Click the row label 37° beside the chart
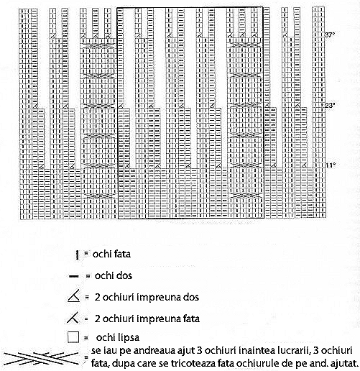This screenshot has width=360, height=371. (329, 35)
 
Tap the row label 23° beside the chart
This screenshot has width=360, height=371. (329, 105)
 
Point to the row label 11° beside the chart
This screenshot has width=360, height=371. (331, 165)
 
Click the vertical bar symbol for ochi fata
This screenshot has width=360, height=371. (77, 255)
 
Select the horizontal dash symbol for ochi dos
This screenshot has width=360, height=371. (74, 277)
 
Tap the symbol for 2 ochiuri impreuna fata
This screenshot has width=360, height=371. (73, 318)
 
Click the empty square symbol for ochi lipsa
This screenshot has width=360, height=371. (73, 337)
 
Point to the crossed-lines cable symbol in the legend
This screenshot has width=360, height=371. (41, 358)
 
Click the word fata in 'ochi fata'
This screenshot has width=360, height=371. (121, 254)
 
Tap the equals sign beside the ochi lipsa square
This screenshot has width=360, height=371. (86, 338)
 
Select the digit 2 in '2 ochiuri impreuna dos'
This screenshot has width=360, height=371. (97, 297)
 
